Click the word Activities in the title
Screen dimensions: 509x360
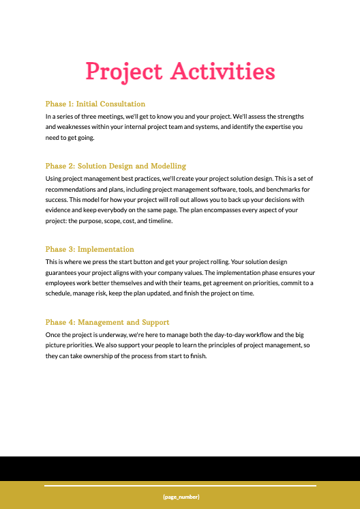point(222,72)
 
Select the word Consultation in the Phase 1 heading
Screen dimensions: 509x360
point(122,104)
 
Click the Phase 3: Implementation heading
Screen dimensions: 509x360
point(89,249)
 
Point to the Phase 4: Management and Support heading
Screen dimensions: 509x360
point(107,322)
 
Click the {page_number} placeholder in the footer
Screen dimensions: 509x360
point(181,497)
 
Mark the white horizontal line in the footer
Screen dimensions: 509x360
point(181,486)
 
